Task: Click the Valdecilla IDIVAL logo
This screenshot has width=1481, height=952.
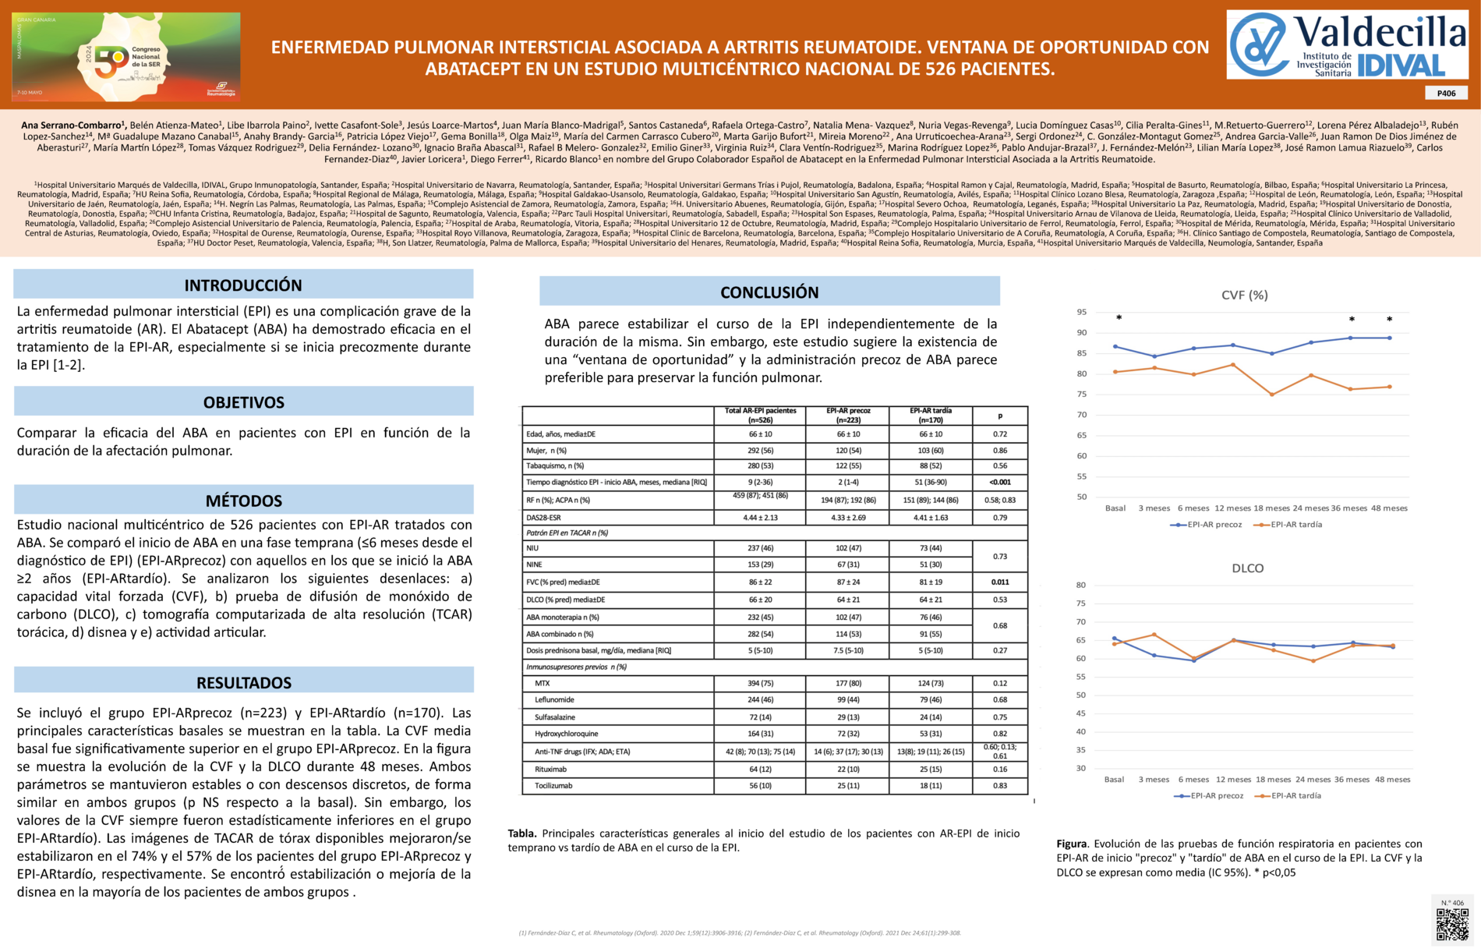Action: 1347,44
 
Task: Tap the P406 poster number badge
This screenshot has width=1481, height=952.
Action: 1446,94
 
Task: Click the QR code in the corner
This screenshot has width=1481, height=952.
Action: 1452,925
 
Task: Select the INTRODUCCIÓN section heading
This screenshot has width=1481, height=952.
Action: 243,285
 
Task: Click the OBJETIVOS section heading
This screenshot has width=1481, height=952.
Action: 243,402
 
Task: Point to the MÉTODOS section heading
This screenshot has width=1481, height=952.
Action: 243,501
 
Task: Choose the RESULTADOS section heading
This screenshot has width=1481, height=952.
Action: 243,682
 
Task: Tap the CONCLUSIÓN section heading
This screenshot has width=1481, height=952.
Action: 769,292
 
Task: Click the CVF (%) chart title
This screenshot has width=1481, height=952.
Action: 1244,295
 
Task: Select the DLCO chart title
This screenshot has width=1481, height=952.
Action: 1247,568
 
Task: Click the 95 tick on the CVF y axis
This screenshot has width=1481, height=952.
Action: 1081,312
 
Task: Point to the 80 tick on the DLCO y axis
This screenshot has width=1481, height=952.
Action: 1080,585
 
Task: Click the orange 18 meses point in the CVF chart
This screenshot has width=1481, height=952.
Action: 1272,395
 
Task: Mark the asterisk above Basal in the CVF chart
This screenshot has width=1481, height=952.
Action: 1119,318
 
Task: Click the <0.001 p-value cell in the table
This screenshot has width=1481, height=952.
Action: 999,482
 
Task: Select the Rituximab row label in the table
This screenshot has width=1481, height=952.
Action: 551,769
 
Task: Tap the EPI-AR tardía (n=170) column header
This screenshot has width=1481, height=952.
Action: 930,415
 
